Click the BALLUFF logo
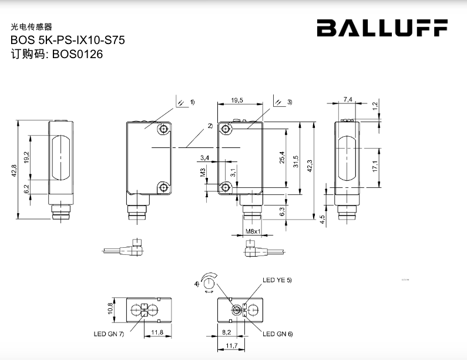click(382, 28)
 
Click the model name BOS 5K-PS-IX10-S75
click(68, 41)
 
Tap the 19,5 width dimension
click(237, 101)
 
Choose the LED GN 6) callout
click(277, 334)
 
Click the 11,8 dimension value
click(157, 332)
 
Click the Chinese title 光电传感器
click(32, 27)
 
